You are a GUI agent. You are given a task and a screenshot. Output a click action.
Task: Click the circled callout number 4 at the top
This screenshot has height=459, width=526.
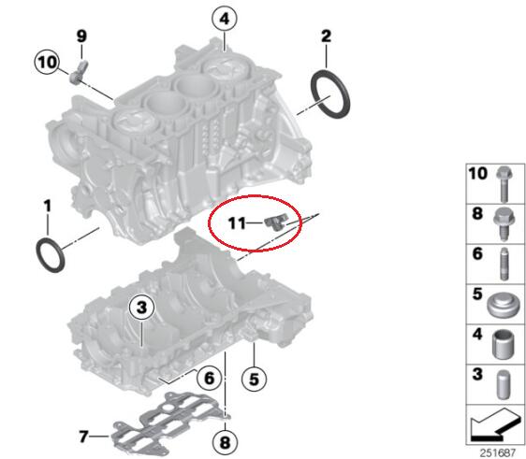tap(225, 19)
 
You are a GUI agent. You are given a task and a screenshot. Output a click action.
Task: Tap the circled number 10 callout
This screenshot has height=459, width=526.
tap(47, 62)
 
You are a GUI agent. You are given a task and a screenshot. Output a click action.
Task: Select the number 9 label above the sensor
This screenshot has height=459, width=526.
tap(81, 36)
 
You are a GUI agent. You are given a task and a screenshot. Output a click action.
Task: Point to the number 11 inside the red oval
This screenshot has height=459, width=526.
tap(237, 222)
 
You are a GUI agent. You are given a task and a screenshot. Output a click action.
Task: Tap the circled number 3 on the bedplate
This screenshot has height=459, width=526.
tap(142, 307)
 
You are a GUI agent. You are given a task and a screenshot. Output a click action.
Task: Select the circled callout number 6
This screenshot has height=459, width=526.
tap(210, 379)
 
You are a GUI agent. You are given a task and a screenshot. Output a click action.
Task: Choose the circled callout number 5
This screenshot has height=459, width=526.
tap(255, 380)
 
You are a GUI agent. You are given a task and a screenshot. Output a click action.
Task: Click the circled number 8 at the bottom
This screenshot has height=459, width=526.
tap(225, 442)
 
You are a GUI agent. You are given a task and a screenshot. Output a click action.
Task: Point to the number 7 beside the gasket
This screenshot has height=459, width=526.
tap(83, 437)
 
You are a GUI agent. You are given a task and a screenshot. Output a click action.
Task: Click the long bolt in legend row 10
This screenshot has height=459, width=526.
tap(504, 183)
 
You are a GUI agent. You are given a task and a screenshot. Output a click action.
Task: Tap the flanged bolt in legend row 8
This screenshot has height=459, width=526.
tap(504, 223)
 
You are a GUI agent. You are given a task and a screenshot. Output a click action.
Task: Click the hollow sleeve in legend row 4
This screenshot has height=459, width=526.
tap(504, 344)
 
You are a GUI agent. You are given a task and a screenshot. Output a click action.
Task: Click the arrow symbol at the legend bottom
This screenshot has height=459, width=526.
tap(495, 424)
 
